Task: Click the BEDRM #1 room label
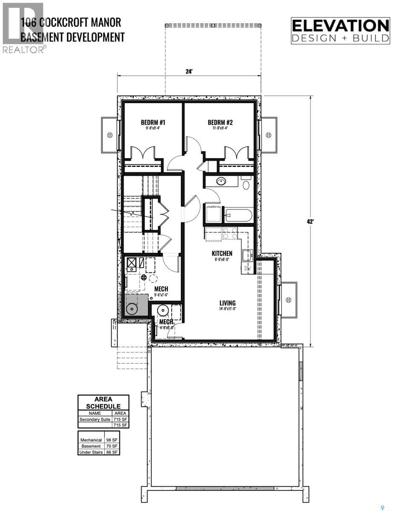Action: (153, 123)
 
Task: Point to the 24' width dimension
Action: (189, 72)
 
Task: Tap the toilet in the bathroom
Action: (245, 185)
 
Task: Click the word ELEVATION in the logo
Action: (340, 26)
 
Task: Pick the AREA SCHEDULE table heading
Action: (103, 402)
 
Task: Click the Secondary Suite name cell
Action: (95, 419)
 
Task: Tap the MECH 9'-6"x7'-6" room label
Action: (161, 289)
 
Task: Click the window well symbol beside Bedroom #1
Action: (110, 135)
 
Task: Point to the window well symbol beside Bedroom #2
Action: (268, 135)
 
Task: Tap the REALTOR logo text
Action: (23, 50)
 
